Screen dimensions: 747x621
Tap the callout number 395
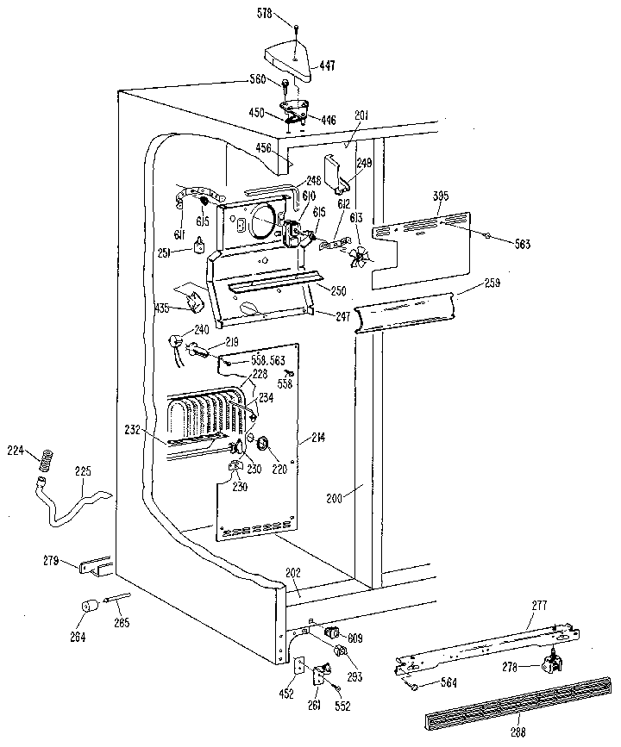click(x=440, y=196)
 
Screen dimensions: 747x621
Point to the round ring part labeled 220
click(x=263, y=444)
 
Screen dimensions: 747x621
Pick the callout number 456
click(x=263, y=148)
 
